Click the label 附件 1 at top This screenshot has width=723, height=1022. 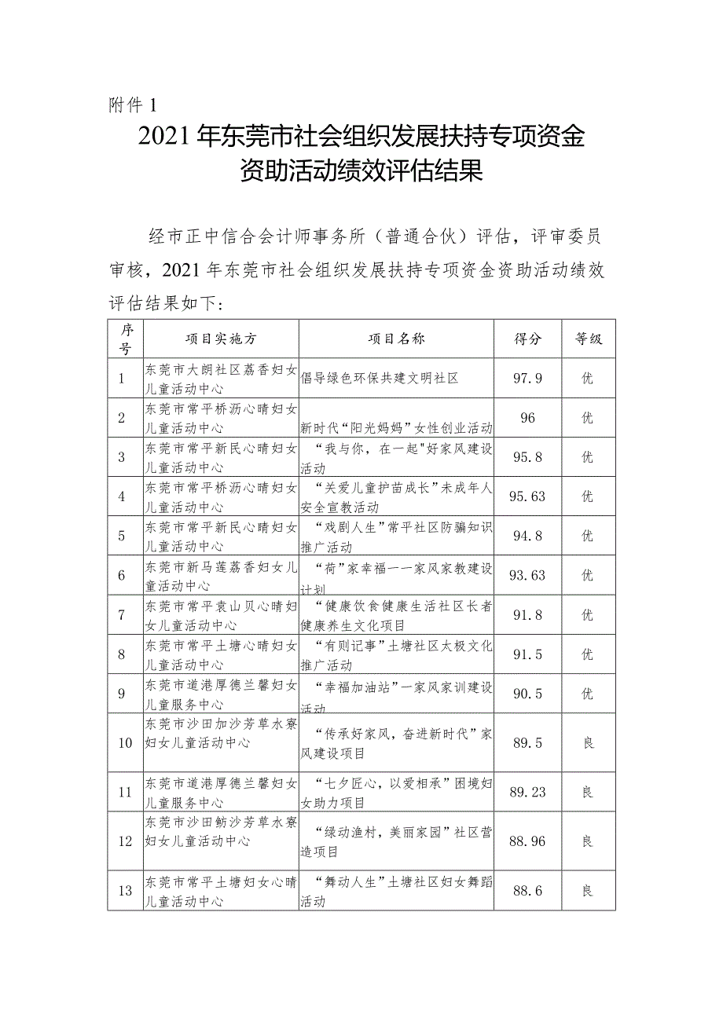pyautogui.click(x=133, y=104)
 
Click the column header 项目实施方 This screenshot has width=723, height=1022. pyautogui.click(x=221, y=339)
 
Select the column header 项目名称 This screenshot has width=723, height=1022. pyautogui.click(x=397, y=339)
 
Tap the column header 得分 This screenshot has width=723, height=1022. pyautogui.click(x=528, y=339)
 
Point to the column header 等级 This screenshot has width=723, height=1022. pyautogui.click(x=588, y=339)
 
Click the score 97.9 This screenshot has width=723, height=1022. pyautogui.click(x=528, y=379)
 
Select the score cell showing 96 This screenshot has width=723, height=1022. pyautogui.click(x=528, y=418)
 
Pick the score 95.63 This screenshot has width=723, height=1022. pyautogui.click(x=528, y=496)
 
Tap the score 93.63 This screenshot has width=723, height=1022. pyautogui.click(x=528, y=575)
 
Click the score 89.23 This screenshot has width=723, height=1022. pyautogui.click(x=528, y=793)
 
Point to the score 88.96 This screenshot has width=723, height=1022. pyautogui.click(x=528, y=841)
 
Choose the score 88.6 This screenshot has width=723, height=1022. pyautogui.click(x=528, y=891)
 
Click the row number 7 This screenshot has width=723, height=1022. pyautogui.click(x=122, y=615)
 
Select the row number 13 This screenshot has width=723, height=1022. pyautogui.click(x=124, y=891)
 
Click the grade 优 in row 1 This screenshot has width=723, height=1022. pyautogui.click(x=587, y=379)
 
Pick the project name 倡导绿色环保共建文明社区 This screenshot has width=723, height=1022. pyautogui.click(x=380, y=379)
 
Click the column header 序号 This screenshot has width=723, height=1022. pyautogui.click(x=126, y=339)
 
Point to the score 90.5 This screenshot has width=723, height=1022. pyautogui.click(x=528, y=694)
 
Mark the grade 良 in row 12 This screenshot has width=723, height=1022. pyautogui.click(x=587, y=841)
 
